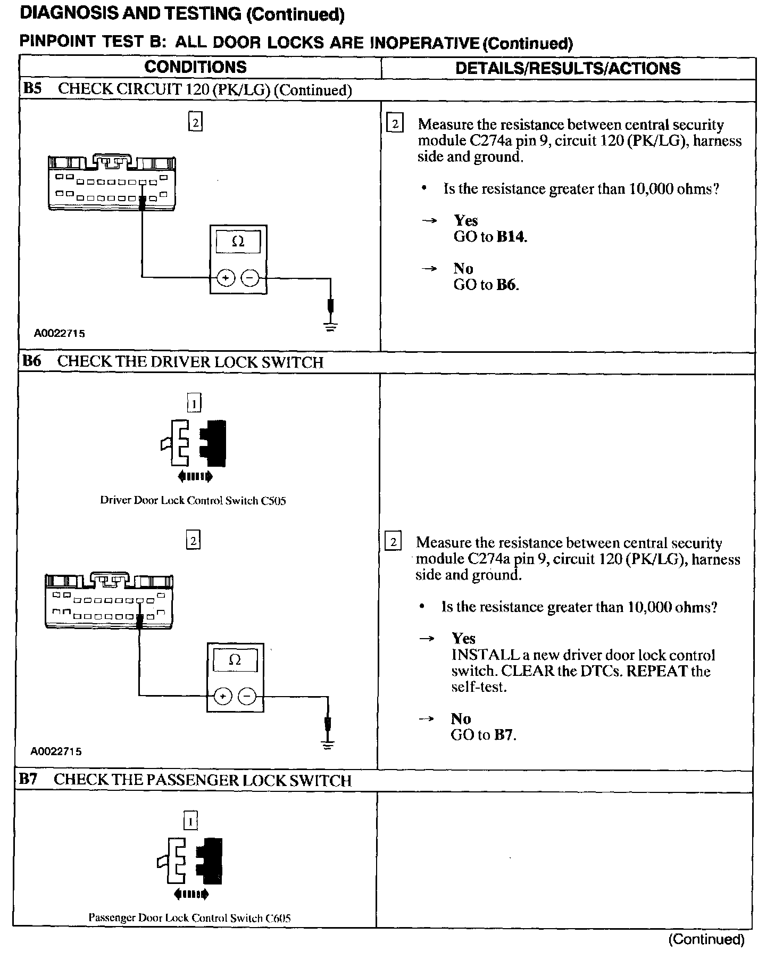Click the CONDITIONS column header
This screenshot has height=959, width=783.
pos(195,67)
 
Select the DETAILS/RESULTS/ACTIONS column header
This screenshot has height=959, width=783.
pos(568,68)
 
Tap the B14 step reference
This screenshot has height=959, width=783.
pos(511,237)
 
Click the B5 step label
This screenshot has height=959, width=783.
pos(32,89)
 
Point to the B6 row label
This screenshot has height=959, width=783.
pos(31,361)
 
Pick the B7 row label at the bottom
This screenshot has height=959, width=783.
pos(28,780)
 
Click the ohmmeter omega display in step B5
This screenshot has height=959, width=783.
pos(238,242)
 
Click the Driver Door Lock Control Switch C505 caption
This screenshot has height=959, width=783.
pos(193,501)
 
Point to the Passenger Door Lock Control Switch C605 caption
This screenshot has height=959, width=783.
pos(189,918)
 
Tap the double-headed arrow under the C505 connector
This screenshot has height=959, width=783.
pos(195,476)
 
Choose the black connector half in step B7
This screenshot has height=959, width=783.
pos(211,861)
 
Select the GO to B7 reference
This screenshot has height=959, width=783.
pos(483,735)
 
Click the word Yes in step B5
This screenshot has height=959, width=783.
pos(465,220)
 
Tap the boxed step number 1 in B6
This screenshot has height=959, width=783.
pos(194,404)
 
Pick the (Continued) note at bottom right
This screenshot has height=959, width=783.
pos(706,939)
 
